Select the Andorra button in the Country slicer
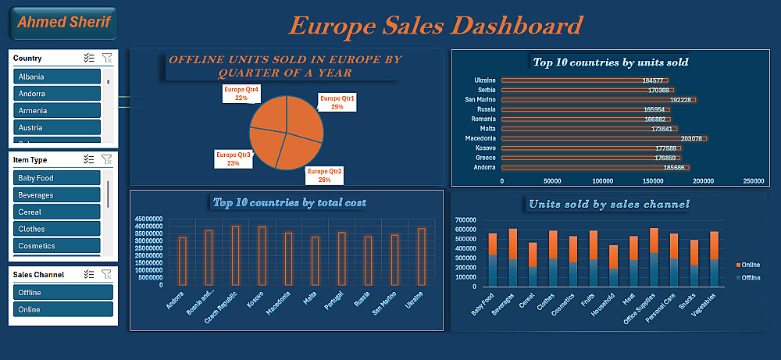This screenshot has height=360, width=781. (57, 94)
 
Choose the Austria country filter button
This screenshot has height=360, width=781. (57, 127)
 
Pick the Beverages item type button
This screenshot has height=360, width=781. (57, 195)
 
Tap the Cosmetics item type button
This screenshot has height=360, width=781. (57, 246)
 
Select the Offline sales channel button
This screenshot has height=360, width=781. (63, 293)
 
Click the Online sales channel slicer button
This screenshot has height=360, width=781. (63, 309)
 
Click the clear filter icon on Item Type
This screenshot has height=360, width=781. (107, 159)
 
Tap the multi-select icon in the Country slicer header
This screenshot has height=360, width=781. (89, 58)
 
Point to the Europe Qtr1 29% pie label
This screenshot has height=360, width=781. (337, 102)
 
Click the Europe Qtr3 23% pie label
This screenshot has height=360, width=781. (233, 159)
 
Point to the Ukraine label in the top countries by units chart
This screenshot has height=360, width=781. (484, 80)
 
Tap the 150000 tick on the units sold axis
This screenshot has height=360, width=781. (653, 181)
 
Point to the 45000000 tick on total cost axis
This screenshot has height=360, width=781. (148, 219)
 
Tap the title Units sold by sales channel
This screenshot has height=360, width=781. (608, 205)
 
